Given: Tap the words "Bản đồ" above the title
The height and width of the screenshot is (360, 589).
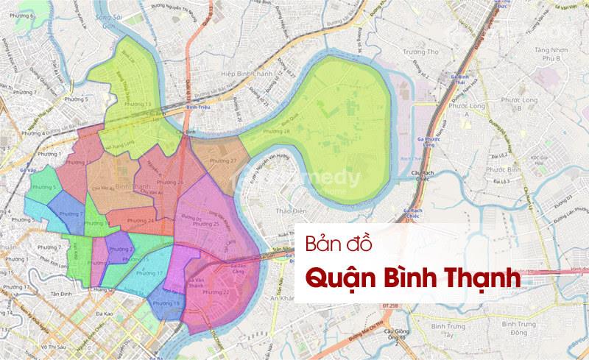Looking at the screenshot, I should coord(335,244).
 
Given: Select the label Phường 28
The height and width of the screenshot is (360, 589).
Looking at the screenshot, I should coord(276,131).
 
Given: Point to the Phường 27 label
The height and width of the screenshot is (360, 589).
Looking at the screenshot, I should coord(224,161).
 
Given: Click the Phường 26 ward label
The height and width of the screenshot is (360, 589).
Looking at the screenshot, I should coord(171,182).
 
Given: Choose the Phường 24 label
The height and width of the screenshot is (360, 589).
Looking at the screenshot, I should coord(141,220).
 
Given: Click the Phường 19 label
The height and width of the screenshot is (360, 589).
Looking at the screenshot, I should coord(166,303).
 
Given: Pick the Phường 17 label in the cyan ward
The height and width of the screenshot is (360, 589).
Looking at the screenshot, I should coord(149,273).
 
